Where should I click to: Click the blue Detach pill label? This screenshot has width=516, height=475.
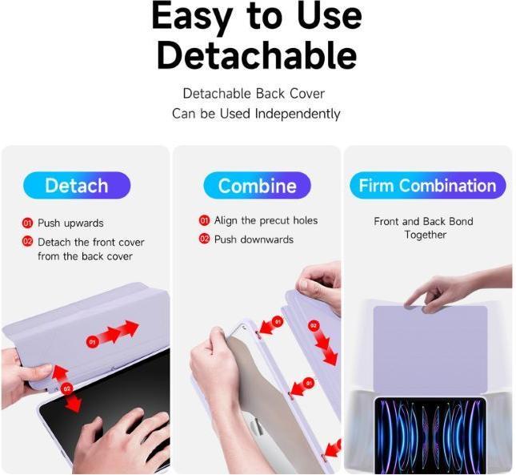(77, 186)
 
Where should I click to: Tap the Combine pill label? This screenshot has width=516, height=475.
(257, 186)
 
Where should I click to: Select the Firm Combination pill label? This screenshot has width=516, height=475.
(427, 186)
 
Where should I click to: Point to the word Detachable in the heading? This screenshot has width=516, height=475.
(256, 55)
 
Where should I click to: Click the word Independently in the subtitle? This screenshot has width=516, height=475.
(298, 114)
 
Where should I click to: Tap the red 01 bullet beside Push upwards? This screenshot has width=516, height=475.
(27, 223)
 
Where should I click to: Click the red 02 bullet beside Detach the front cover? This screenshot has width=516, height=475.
(27, 242)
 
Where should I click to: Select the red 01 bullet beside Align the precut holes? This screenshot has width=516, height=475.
(204, 220)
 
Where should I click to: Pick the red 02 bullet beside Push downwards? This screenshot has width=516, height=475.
(204, 240)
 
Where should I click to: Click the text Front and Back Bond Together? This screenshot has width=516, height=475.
(424, 228)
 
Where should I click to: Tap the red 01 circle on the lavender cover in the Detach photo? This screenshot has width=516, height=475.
(92, 342)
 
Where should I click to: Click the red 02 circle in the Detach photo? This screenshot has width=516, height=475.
(66, 388)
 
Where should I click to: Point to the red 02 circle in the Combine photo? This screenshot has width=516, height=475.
(314, 326)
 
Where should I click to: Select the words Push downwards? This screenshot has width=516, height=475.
(254, 240)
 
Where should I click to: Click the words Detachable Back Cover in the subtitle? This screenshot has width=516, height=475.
(254, 94)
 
